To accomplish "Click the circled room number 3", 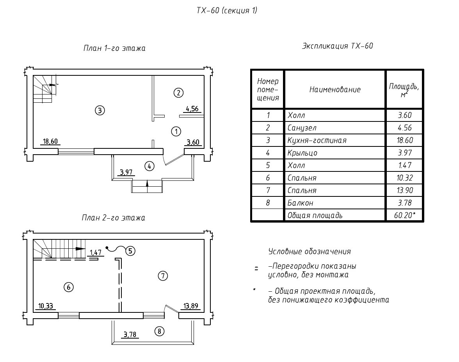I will pos(100,111).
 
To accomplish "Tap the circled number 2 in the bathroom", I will pos(178,93).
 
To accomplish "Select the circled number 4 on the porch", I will pos(149,166).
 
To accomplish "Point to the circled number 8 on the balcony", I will pos(159,332).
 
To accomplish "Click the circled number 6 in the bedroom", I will pos(68,287).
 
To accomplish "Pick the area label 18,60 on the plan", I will pos(51,141).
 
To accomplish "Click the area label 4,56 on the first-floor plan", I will pos(191,109).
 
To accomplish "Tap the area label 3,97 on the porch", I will pos(126,172).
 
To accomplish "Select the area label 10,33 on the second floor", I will pos(46,306).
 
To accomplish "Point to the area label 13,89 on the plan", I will pos(191,306).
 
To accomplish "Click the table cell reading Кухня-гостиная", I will pos(317,140).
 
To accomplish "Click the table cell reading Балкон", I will pos(300,203).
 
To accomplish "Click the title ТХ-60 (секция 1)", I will pos(227,11).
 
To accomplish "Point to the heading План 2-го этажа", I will pos(113,218).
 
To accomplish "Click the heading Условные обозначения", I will pos(310,251).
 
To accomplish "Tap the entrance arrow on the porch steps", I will pos(147,184).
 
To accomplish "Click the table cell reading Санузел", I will pos(302,128).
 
